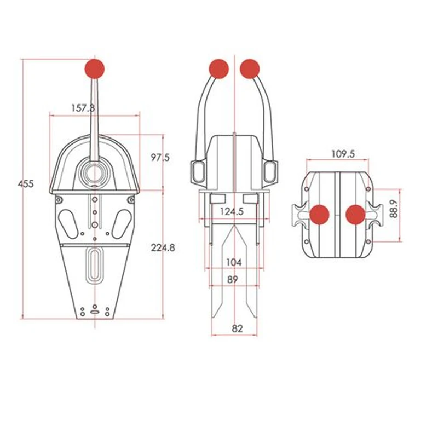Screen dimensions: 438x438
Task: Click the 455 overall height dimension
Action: pos(26,184)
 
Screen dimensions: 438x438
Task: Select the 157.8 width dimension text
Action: pos(83,108)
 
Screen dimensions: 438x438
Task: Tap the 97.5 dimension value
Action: pos(160,158)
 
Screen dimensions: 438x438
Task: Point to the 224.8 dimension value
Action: pos(163,247)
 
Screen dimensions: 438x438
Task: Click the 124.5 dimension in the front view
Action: pos(232,211)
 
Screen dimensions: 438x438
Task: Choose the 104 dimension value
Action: pos(234,262)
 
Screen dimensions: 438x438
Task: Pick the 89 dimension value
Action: pos(232,279)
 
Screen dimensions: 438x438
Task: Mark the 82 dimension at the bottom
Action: pos(237,328)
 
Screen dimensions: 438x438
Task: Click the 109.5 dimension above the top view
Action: pos(343,154)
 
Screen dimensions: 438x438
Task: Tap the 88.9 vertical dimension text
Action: pos(393,209)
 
